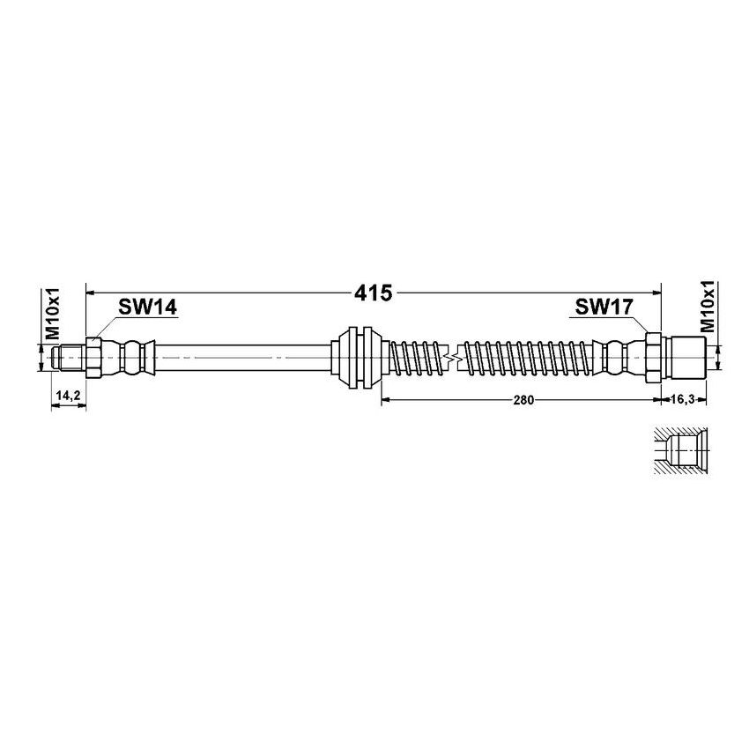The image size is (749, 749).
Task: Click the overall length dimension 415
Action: [x=374, y=292]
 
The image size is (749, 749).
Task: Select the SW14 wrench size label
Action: [x=148, y=307]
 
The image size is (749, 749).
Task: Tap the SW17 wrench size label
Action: [x=604, y=307]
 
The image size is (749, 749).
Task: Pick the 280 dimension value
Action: [x=523, y=399]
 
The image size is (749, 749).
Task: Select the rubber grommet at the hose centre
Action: [x=360, y=357]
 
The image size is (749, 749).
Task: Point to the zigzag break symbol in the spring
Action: [x=454, y=358]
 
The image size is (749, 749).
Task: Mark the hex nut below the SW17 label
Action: [x=653, y=357]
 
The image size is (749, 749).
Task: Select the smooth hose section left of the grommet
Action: [x=247, y=357]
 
